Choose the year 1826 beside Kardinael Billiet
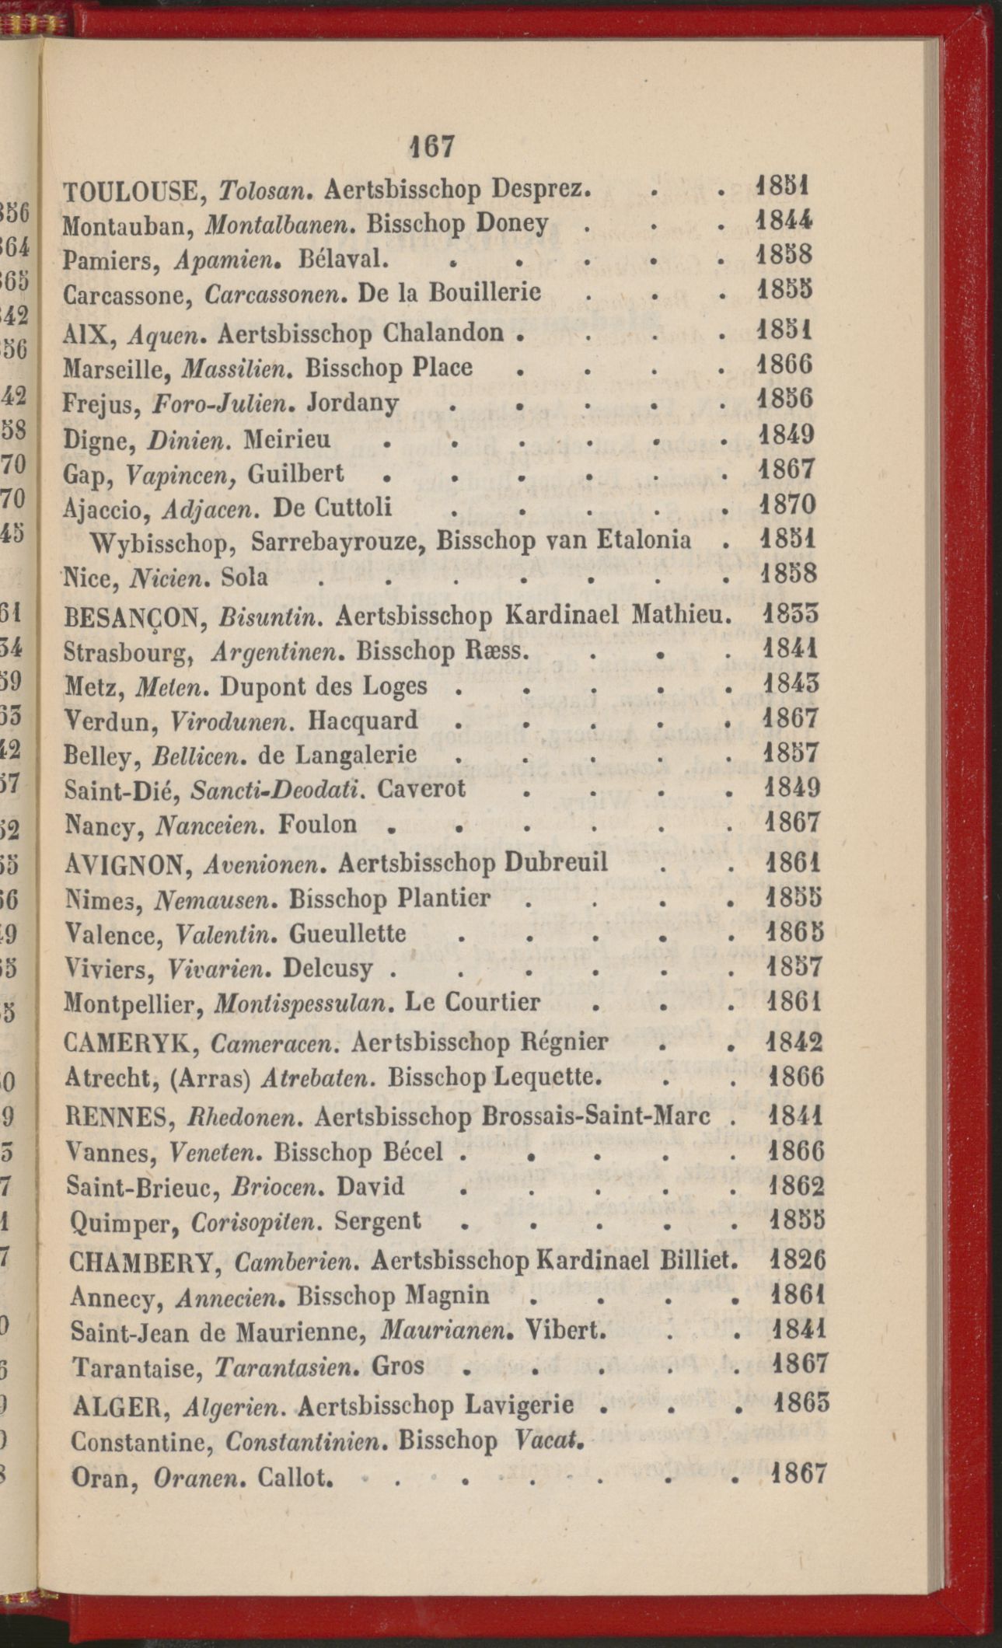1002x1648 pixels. (x=797, y=1259)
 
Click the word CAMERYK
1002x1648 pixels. (x=129, y=1042)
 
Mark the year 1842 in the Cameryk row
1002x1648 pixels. (x=794, y=1041)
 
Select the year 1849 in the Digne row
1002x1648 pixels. (x=786, y=434)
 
